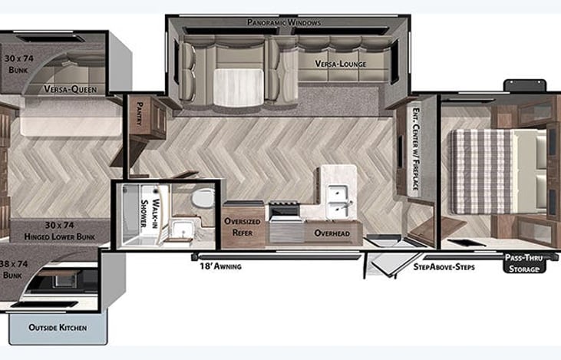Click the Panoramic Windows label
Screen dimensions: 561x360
[x=284, y=22]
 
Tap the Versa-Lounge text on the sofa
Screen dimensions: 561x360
[x=340, y=64]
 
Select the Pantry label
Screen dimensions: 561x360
[x=140, y=114]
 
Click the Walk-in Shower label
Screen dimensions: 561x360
[x=150, y=213]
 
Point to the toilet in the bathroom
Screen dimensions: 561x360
[x=202, y=198]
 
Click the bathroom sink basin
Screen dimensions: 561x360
[x=182, y=230]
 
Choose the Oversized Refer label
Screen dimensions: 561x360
[x=243, y=227]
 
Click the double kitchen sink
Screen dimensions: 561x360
[x=338, y=201]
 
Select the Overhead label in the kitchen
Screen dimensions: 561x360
[x=332, y=233]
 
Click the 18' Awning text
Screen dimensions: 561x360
[x=220, y=266]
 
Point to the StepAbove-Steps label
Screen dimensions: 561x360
[x=444, y=267]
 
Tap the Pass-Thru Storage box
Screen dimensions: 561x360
[x=524, y=263]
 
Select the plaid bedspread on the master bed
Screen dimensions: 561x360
[x=482, y=172]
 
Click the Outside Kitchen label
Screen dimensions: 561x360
[x=58, y=328]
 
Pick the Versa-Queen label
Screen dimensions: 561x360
[x=71, y=89]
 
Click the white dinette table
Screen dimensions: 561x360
[x=238, y=87]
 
